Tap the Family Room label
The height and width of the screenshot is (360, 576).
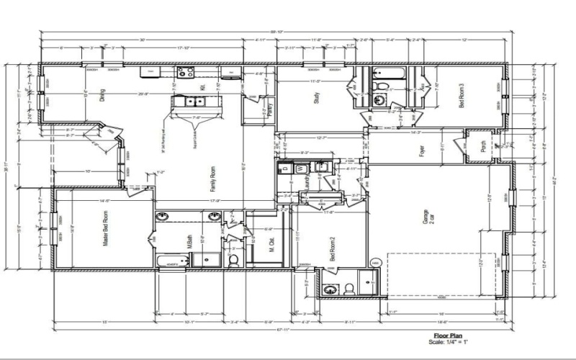213,176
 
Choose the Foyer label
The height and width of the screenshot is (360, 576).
420,152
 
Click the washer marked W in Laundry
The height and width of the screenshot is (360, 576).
300,168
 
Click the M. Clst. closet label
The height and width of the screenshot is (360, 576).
272,246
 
